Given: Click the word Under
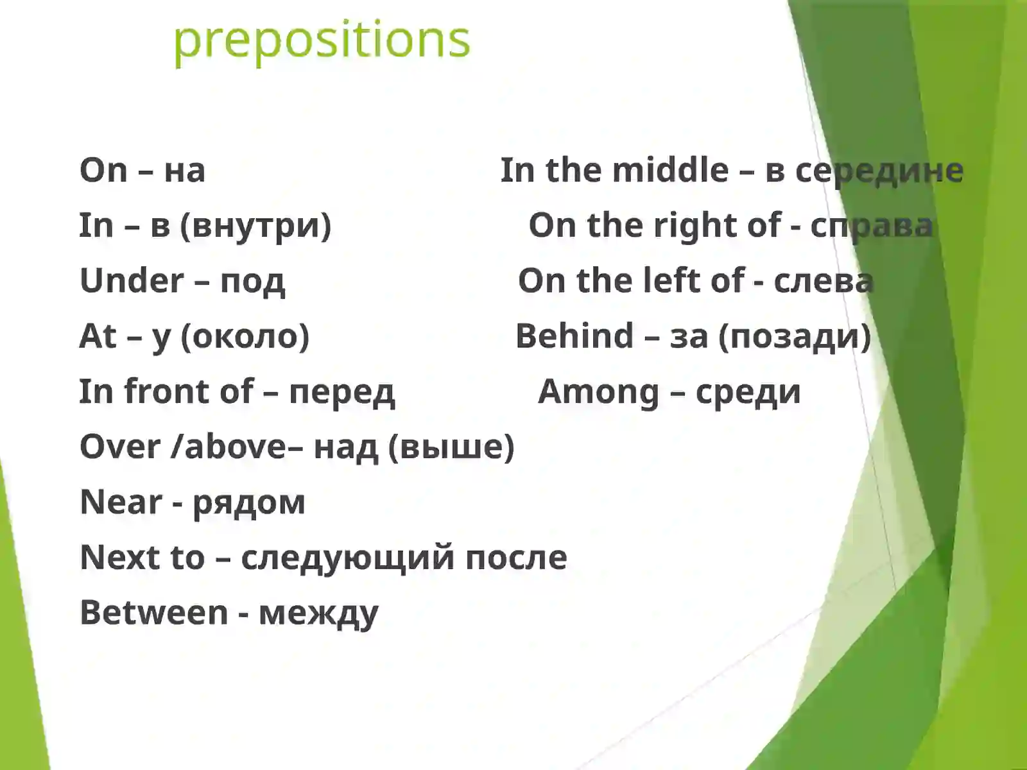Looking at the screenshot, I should tap(132, 281).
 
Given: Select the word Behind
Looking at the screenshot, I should tap(574, 336).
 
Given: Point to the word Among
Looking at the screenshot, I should tap(598, 391).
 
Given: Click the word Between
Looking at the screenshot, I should tap(154, 612).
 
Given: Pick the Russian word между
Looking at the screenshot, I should tap(318, 613).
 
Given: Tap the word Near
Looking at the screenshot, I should tap(121, 502).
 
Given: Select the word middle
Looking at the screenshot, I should tap(670, 171).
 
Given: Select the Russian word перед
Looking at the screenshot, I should tap(341, 392).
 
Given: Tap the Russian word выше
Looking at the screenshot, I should tap(451, 447).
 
